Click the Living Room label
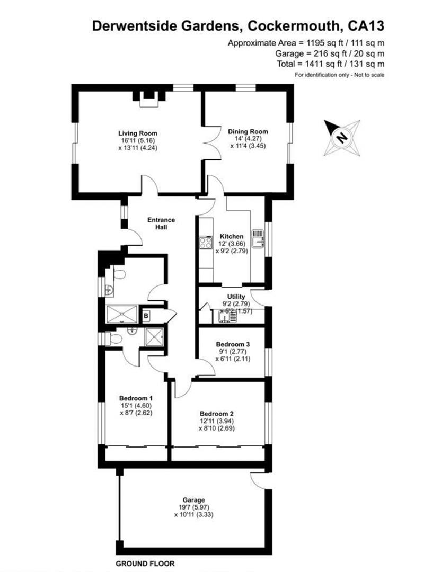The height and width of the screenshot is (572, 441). (x=137, y=133)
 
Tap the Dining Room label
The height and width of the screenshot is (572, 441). (x=248, y=131)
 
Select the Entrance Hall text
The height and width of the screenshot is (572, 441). (x=161, y=223)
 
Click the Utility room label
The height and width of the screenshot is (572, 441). (x=236, y=297)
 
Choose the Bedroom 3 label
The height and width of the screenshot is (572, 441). (x=233, y=344)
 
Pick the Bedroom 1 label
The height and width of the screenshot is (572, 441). (x=136, y=398)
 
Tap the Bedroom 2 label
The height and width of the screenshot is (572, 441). (x=217, y=414)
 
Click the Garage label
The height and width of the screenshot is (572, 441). (x=193, y=499)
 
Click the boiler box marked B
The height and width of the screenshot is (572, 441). (x=146, y=316)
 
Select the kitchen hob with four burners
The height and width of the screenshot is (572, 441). (x=205, y=243)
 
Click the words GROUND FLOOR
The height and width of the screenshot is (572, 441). (x=145, y=564)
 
